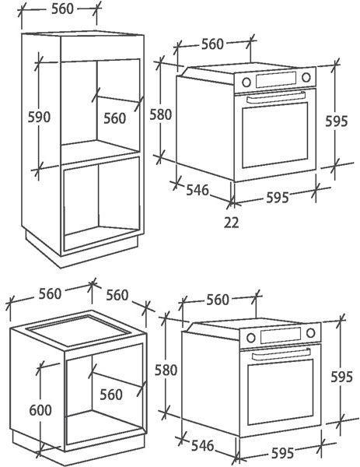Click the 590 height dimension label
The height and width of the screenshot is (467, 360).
click(x=39, y=117)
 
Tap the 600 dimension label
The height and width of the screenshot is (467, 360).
click(x=40, y=410)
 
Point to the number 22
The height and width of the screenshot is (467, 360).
click(x=231, y=223)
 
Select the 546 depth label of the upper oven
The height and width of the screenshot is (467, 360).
click(x=197, y=190)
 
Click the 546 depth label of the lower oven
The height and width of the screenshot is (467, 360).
click(x=203, y=445)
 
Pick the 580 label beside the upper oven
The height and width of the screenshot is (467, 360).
click(x=161, y=114)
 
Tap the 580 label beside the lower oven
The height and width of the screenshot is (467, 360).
click(x=166, y=370)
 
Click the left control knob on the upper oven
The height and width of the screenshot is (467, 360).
click(x=246, y=83)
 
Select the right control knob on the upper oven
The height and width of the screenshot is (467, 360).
click(x=306, y=77)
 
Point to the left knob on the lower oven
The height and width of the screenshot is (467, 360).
click(x=251, y=338)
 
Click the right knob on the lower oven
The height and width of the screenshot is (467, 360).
click(x=311, y=332)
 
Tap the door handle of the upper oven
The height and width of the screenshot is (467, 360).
click(x=276, y=97)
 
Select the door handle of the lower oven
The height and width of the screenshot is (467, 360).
click(x=281, y=353)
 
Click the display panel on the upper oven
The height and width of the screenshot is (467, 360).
click(x=275, y=79)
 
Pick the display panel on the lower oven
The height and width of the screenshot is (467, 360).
click(x=281, y=335)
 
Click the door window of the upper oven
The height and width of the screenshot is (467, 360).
click(x=275, y=135)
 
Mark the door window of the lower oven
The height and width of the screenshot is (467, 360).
click(x=280, y=392)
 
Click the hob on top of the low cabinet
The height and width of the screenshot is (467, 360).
click(x=79, y=331)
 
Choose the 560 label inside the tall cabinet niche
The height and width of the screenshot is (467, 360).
click(x=115, y=118)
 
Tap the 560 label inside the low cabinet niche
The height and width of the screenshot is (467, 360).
click(x=111, y=395)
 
